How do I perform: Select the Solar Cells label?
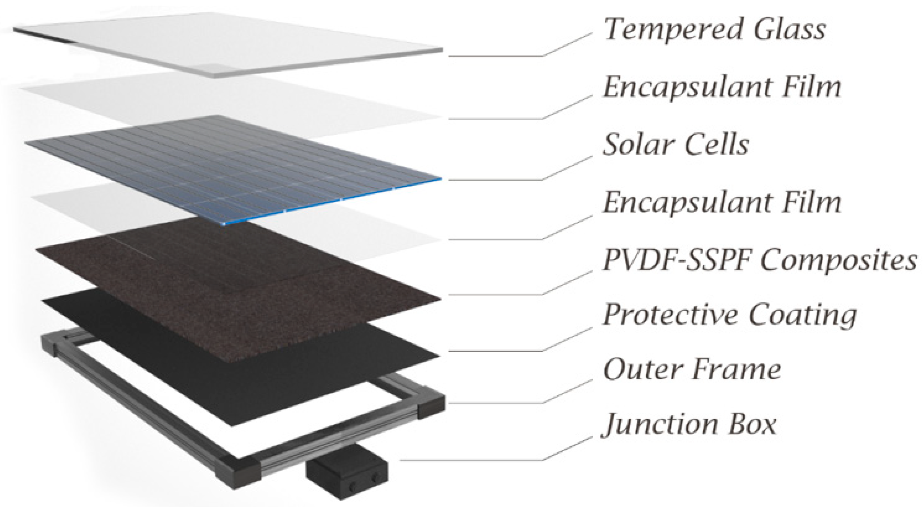pyautogui.click(x=676, y=145)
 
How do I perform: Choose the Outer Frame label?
pyautogui.click(x=692, y=370)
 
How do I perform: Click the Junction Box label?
pyautogui.click(x=689, y=425)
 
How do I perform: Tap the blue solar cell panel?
pyautogui.click(x=232, y=169)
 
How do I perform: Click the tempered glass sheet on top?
pyautogui.click(x=225, y=45)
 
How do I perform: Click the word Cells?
pyautogui.click(x=716, y=145)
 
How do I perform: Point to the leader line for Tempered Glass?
pyautogui.click(x=495, y=56)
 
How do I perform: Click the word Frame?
pyautogui.click(x=736, y=370)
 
